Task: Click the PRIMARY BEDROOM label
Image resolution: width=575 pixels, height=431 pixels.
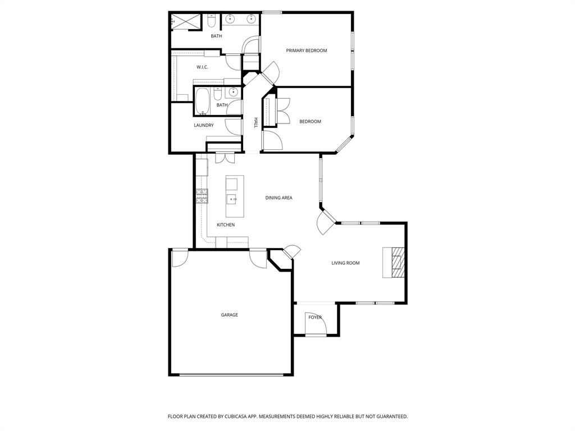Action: (306, 51)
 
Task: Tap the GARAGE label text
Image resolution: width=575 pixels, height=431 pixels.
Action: (229, 315)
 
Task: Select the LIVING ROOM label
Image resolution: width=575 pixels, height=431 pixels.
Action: (345, 263)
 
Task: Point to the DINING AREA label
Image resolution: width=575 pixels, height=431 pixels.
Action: (279, 198)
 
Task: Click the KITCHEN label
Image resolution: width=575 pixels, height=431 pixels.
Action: (226, 224)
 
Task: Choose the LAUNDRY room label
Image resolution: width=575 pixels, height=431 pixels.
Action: (204, 125)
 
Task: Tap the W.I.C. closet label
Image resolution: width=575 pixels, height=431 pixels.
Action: (202, 67)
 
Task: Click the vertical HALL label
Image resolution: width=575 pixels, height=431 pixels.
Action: (255, 123)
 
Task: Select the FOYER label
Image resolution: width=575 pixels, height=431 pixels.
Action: (315, 317)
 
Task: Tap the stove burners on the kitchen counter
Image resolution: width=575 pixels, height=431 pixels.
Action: (202, 196)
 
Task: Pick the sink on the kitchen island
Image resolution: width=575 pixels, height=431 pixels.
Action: (231, 199)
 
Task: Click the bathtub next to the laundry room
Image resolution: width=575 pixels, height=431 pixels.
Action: (203, 101)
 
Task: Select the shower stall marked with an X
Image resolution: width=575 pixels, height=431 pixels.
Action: (185, 22)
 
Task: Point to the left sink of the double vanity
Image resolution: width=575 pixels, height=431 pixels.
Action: (231, 20)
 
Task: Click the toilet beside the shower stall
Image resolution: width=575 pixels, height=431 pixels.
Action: (212, 22)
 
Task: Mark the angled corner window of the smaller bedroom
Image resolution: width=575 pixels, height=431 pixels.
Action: (343, 144)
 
